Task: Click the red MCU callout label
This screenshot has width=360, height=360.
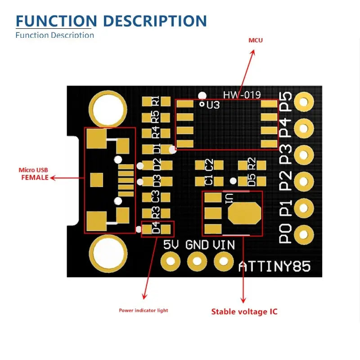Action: [x=256, y=40]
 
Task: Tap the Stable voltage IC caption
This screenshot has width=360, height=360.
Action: [x=244, y=311]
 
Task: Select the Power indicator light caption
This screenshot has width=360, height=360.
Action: [x=143, y=310]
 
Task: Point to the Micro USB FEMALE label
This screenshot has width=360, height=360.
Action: [x=34, y=174]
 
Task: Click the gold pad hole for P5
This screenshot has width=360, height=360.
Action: [x=305, y=102]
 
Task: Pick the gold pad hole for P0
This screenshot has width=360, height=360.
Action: [x=305, y=234]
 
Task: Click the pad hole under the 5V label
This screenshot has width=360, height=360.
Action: [x=171, y=260]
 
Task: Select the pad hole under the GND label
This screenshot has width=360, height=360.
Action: [x=197, y=260]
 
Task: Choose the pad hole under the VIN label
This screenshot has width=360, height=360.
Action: [x=223, y=260]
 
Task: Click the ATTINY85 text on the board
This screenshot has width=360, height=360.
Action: [x=274, y=266]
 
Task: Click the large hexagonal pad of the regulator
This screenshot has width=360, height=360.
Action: [x=244, y=213]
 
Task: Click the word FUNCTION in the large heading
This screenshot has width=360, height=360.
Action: [x=56, y=21]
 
